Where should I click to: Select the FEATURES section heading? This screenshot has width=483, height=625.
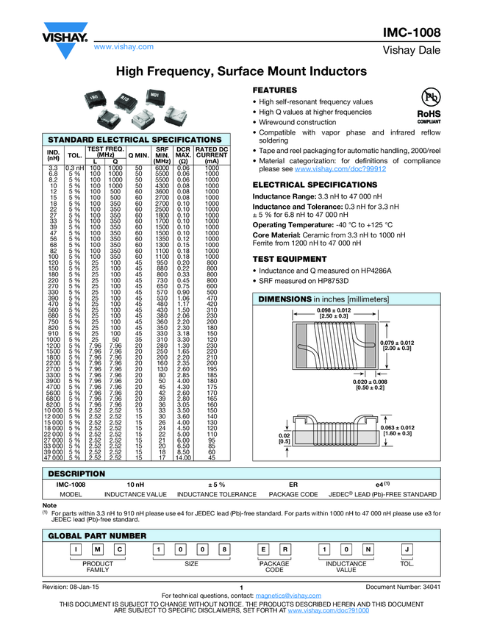pyautogui.click(x=276, y=89)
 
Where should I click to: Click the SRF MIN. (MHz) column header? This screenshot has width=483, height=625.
pyautogui.click(x=162, y=154)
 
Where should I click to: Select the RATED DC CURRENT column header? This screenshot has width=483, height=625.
pyautogui.click(x=212, y=154)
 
